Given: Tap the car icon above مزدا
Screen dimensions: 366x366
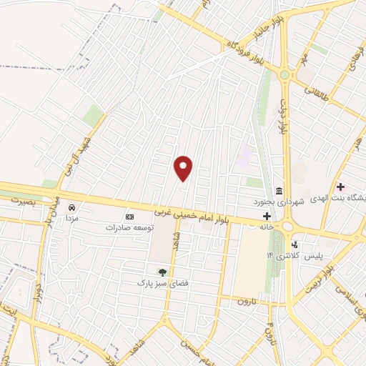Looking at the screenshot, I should pos(72,207).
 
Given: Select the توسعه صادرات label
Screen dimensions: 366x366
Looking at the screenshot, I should pos(130,227).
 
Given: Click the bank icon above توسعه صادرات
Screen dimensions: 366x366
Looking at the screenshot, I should pos(129,217).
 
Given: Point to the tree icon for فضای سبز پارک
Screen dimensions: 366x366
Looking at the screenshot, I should pos(162,272).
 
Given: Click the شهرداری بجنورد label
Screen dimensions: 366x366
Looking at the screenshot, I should pos(281,202).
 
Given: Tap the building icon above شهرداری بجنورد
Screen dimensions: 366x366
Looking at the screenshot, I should pos(278,191).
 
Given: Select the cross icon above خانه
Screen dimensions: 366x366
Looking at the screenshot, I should pos(267,216).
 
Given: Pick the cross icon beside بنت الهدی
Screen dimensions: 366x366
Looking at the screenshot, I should pos(340,187).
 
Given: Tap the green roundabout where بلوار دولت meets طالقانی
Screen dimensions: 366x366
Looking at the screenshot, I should pos(285,74).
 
